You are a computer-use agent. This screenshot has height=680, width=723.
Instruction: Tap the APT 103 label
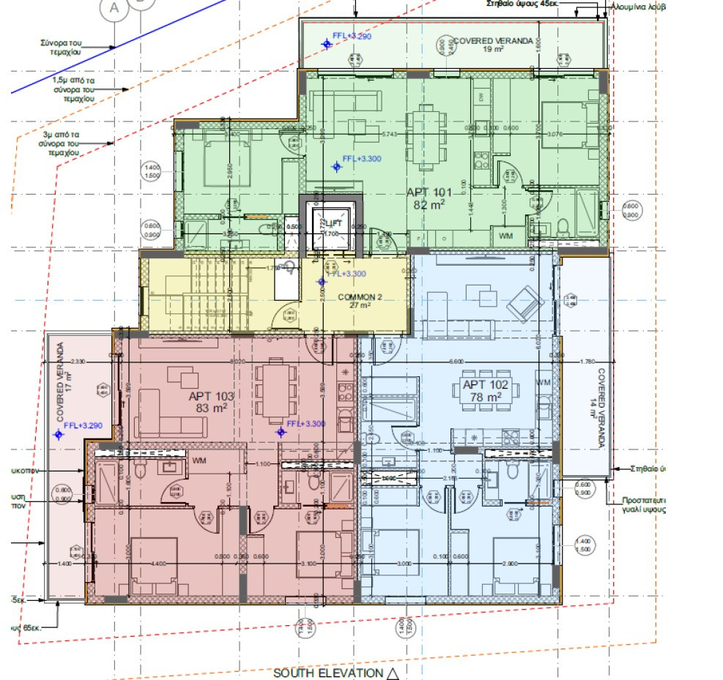click(x=211, y=396)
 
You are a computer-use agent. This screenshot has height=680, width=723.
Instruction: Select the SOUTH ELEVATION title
click(x=327, y=673)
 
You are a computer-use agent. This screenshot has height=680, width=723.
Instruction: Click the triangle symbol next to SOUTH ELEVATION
click(x=393, y=673)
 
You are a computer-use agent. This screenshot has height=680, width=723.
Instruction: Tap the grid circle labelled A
click(x=114, y=8)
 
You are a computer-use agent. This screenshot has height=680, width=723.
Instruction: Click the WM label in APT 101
click(x=506, y=236)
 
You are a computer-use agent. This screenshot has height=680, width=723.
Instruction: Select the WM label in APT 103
click(x=199, y=461)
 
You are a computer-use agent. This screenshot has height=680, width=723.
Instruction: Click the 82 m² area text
click(x=429, y=206)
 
